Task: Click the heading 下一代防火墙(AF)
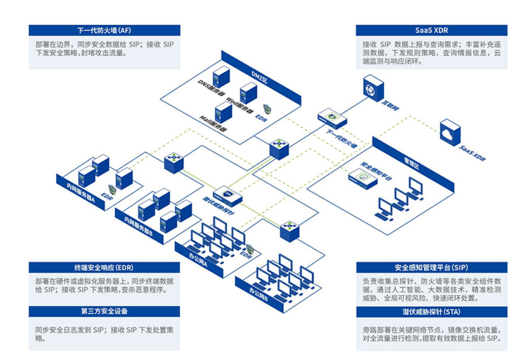point(104,31)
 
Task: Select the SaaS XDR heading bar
point(431,31)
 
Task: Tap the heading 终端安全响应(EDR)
point(104,267)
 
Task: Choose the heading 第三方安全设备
point(104,311)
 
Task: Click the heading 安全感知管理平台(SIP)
point(431,267)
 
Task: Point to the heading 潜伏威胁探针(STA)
point(431,311)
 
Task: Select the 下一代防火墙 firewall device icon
point(331,117)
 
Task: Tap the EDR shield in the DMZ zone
point(267,109)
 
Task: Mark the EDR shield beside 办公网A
point(250,249)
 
